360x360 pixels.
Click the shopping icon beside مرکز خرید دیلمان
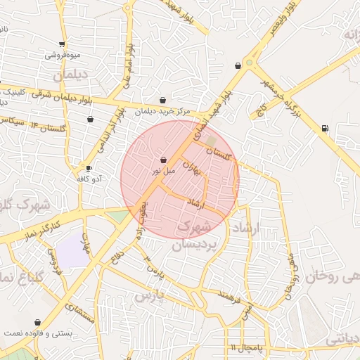coord(163,101)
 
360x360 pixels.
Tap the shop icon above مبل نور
coord(163,160)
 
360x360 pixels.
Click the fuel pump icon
coord(324,128)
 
